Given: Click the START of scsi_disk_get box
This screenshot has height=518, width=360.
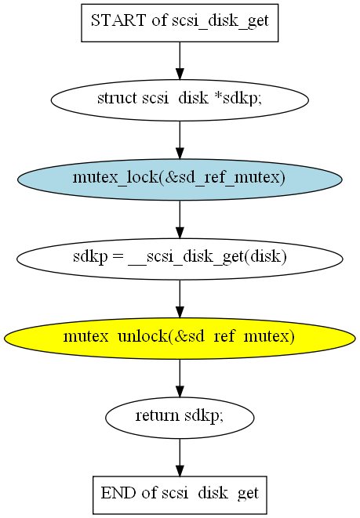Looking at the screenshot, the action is (180, 23).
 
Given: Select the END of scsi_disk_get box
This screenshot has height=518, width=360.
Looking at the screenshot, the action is (180, 494).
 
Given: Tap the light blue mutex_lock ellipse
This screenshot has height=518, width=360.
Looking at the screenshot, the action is (180, 179).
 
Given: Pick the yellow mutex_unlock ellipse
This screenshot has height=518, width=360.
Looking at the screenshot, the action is (180, 339).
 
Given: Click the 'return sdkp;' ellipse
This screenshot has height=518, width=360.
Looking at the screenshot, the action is (180, 418).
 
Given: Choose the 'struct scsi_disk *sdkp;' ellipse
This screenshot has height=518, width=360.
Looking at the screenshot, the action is (180, 100).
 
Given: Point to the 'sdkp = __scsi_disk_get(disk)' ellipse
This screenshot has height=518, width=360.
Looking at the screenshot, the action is (180, 259).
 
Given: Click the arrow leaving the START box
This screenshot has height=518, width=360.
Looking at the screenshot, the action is (180, 61).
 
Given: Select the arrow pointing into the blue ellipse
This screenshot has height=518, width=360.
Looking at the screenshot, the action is (180, 140).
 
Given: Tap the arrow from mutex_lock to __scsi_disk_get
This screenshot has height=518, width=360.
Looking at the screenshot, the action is (180, 219).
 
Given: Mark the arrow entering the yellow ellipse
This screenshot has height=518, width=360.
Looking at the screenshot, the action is (180, 299).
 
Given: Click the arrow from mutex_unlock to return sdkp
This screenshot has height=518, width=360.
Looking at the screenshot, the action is (180, 379).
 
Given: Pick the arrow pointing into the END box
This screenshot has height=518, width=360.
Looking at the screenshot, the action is (180, 458).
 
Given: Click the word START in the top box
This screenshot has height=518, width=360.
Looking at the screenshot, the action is (118, 20).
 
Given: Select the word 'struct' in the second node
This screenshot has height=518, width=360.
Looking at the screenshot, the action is (117, 98).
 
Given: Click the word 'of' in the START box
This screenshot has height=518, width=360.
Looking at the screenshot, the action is (159, 20).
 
